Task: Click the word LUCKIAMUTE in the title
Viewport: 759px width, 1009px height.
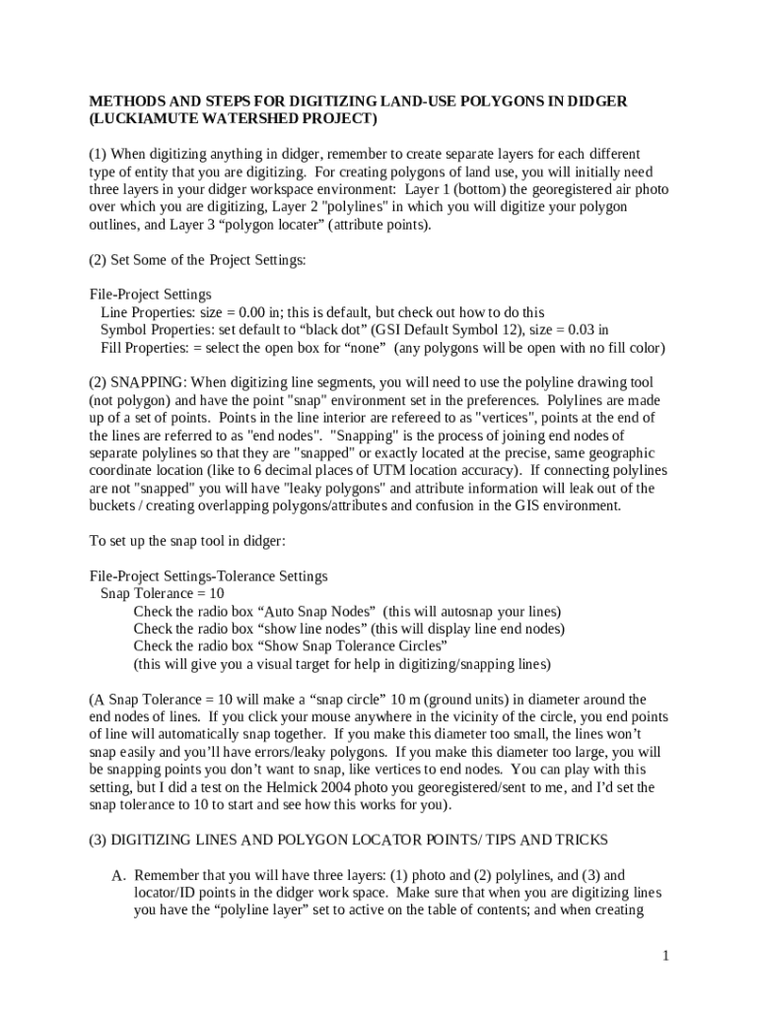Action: click(143, 119)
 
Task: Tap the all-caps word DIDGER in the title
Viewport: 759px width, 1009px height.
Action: click(597, 101)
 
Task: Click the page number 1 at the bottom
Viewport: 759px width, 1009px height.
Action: click(666, 956)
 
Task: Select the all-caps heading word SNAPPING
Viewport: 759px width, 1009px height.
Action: click(147, 381)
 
